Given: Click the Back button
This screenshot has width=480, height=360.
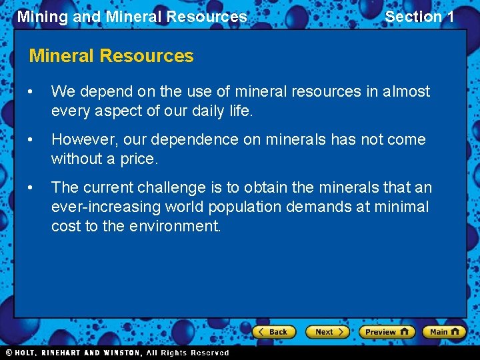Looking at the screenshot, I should click(274, 331).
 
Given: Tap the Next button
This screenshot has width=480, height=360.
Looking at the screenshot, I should click(327, 331).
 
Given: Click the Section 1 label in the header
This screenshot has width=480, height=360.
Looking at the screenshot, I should click(419, 17).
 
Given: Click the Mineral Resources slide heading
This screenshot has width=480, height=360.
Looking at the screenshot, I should click(111, 56).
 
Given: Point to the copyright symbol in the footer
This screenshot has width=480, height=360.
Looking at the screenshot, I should click(9, 353).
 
